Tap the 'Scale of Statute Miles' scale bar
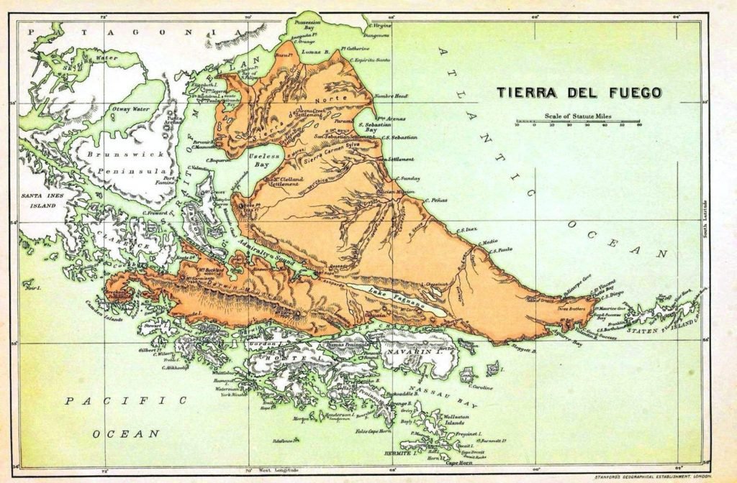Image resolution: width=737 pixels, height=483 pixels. (x=578, y=123)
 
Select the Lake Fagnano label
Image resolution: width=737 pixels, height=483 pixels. (x=388, y=290)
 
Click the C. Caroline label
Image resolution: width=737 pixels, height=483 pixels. (x=481, y=388)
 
